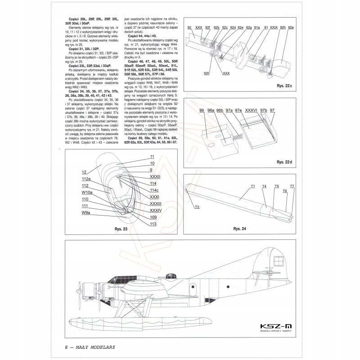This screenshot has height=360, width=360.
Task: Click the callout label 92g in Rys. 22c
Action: click(248, 28)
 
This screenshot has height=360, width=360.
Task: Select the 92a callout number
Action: click(291, 28)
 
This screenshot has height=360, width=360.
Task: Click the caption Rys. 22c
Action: click(285, 85)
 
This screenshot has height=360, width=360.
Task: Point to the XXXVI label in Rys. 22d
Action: click(252, 110)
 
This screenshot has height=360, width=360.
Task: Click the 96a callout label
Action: click(211, 110)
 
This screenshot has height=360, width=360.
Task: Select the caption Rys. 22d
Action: click(284, 161)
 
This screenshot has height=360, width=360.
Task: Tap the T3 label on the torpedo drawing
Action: click(197, 207)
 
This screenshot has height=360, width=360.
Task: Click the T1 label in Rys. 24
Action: click(253, 186)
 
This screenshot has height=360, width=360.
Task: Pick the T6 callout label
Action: click(284, 191)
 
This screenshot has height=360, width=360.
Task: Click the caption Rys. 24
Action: click(239, 228)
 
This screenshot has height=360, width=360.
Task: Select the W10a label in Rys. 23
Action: click(87, 192)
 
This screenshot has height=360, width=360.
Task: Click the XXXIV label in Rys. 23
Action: click(155, 210)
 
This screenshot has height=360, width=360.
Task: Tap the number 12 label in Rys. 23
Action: click(84, 171)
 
